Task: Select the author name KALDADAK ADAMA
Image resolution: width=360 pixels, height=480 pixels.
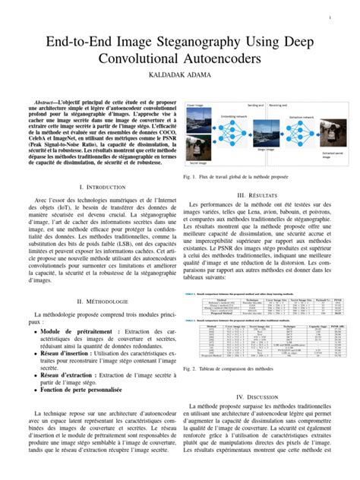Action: pos(180,77)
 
